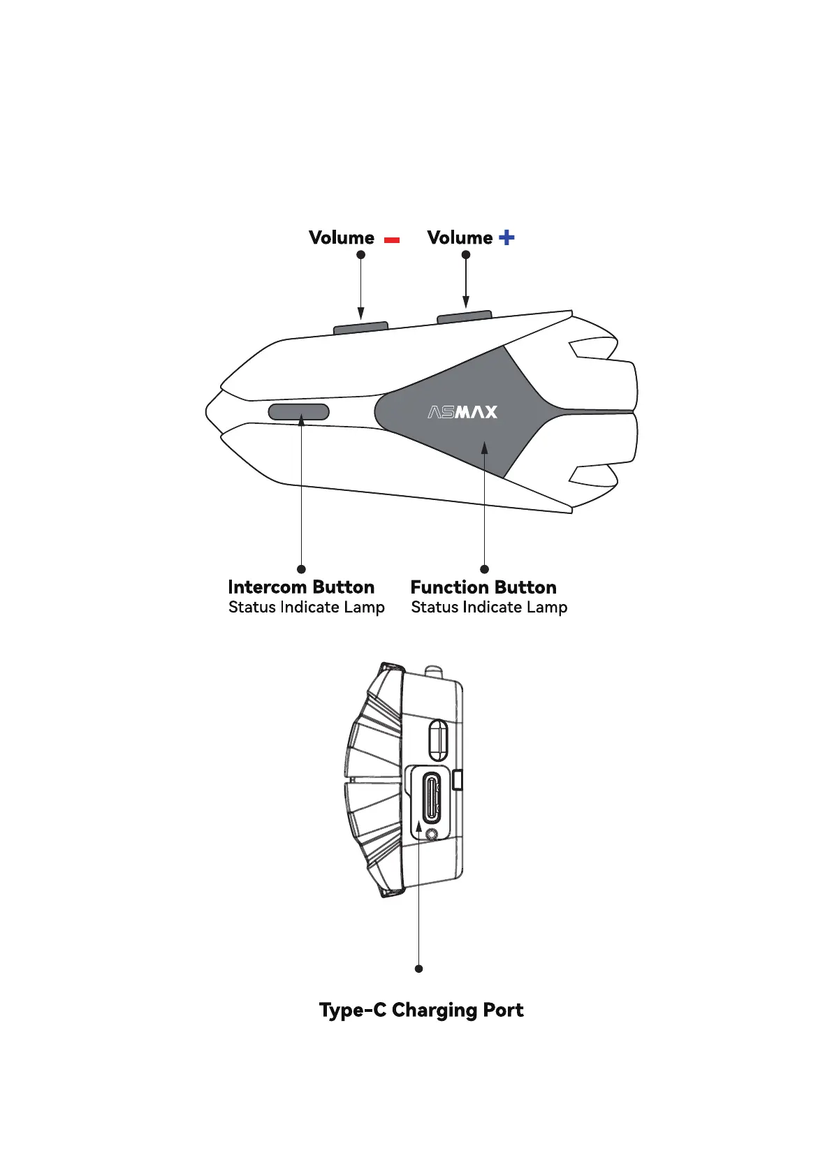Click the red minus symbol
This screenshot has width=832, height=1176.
[392, 240]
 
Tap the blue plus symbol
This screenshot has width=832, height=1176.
[506, 237]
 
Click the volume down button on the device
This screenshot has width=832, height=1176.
[360, 327]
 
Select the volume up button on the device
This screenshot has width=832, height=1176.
[465, 317]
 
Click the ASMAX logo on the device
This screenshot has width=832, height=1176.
[462, 412]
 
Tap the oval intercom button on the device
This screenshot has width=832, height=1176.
[299, 412]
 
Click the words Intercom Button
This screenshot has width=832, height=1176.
[301, 587]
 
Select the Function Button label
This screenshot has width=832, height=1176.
[483, 587]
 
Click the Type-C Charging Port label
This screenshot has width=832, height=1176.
[421, 1010]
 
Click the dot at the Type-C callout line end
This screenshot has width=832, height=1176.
[418, 969]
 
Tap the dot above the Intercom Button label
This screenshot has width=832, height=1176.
[301, 569]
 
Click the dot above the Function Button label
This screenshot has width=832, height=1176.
[484, 569]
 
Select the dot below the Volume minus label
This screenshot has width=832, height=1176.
[360, 255]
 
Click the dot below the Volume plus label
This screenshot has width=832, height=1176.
[466, 255]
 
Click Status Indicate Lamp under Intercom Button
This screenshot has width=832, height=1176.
[307, 608]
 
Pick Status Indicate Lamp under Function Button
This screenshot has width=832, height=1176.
[489, 608]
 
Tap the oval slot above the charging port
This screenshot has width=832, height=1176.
[437, 740]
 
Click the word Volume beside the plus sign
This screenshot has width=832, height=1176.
[460, 237]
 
